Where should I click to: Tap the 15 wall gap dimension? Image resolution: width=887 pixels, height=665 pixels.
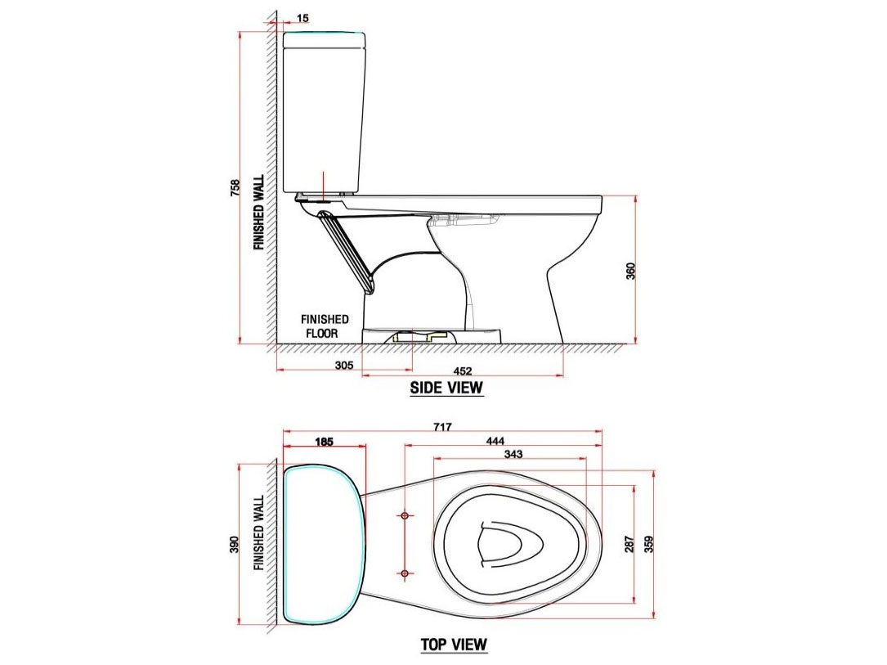tap(303, 18)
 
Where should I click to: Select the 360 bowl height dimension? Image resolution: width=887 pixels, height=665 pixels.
tap(630, 271)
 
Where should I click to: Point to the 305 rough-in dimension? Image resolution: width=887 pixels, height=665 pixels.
tap(344, 366)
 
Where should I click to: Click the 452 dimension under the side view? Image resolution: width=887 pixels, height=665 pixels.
tap(463, 370)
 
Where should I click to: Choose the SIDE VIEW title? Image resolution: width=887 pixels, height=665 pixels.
tap(446, 388)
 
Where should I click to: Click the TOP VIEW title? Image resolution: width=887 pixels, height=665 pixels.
tap(454, 645)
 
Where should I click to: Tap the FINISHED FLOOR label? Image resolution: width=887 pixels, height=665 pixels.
tap(325, 326)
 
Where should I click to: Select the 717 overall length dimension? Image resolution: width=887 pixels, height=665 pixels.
tap(442, 427)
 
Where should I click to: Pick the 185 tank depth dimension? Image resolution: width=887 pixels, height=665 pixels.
tap(324, 442)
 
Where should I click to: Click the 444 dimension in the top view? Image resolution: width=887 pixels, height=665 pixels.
tap(495, 441)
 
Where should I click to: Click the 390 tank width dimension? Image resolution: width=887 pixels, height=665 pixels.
tap(235, 544)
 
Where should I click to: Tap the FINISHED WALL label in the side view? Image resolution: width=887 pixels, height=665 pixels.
tap(259, 212)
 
